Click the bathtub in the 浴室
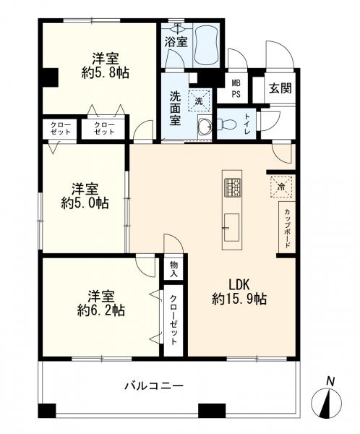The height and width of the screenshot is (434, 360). click(x=206, y=46)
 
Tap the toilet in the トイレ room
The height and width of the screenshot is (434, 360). click(x=226, y=124)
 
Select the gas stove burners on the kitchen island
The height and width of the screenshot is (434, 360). click(x=233, y=187)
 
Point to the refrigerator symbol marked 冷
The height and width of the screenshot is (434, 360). click(x=281, y=187)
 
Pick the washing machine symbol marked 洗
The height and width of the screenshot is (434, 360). click(x=199, y=101)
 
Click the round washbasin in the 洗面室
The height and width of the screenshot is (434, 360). click(x=205, y=126)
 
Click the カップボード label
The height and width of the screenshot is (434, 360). click(x=287, y=228)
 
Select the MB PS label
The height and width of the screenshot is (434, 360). click(x=236, y=88)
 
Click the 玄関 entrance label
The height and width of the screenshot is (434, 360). click(x=280, y=88)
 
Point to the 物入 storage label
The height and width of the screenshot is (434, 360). click(x=173, y=269)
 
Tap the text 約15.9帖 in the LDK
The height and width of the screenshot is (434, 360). click(x=239, y=299)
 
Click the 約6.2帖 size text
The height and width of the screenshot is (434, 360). click(x=101, y=310)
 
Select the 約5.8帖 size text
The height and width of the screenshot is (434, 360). click(x=105, y=73)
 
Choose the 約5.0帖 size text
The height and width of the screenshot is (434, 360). click(x=85, y=204)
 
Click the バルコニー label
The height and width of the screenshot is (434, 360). click(x=154, y=386)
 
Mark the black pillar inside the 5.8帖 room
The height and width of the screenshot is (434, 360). click(x=50, y=77)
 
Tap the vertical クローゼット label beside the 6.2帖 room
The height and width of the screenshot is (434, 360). click(x=173, y=320)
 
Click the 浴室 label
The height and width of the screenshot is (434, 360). click(x=176, y=42)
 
